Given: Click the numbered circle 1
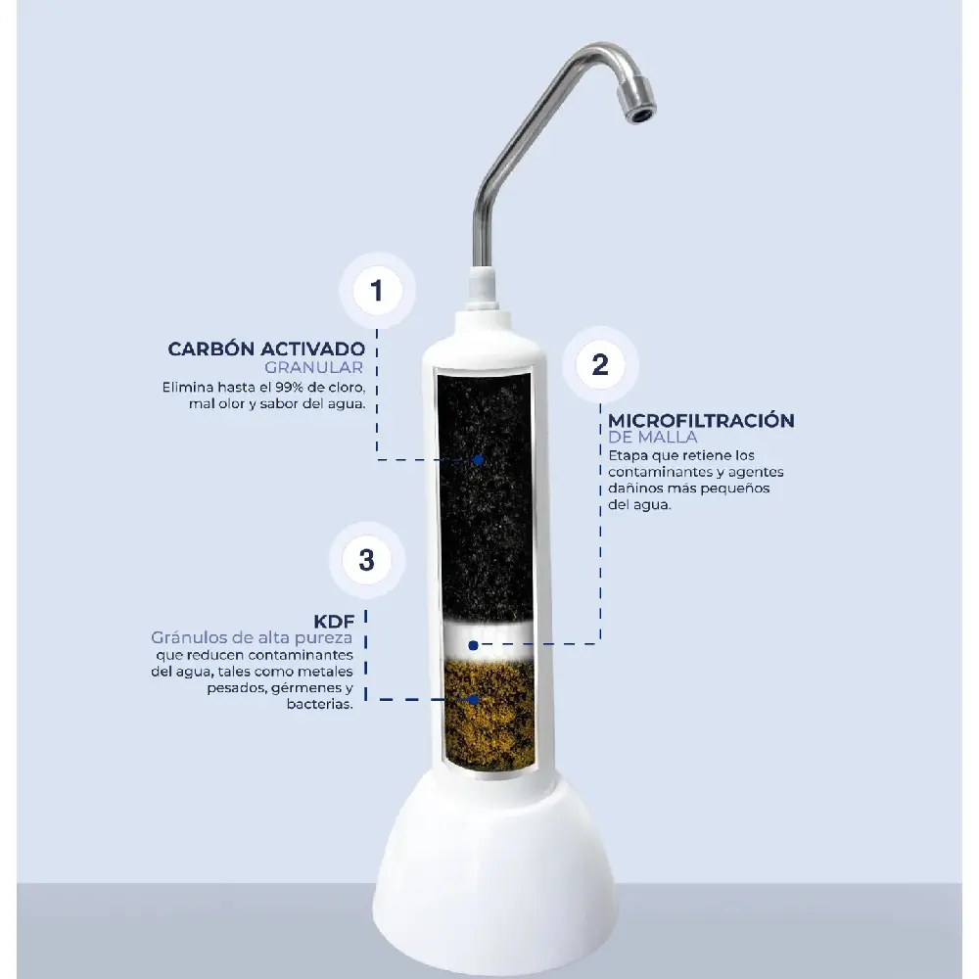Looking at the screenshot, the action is [377, 291].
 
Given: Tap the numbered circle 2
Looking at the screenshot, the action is [600, 364].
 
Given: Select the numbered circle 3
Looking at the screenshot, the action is [367, 560].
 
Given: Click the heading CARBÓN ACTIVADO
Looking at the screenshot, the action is [266, 349].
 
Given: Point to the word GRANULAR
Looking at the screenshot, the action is [313, 367].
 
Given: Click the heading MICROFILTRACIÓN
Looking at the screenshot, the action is [701, 420].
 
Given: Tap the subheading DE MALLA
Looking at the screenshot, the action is [652, 437].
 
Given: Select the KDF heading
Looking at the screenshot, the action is [334, 622].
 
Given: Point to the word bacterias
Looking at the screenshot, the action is [320, 704].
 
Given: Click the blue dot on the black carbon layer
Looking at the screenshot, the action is [479, 460].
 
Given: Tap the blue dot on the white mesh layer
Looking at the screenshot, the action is [473, 645].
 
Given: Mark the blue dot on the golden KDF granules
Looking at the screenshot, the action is [474, 700].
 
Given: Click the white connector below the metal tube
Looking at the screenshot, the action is [484, 289].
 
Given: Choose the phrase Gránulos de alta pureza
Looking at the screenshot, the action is [252, 637].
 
